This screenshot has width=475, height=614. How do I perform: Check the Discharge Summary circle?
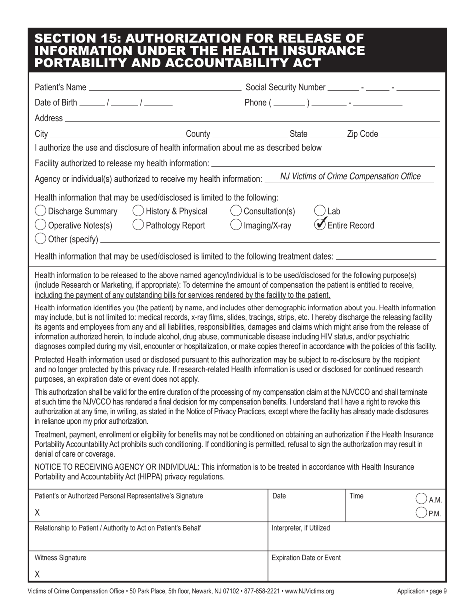coord(41,211)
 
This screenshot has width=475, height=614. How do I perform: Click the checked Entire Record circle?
coord(320,225)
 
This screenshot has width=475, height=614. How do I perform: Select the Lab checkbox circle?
coord(320,211)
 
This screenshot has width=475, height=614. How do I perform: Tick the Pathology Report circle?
coord(138,225)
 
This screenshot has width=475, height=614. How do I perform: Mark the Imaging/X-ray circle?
coord(236,225)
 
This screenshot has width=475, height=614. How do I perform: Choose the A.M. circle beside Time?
coord(421,498)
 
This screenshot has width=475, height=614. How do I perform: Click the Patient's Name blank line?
coord(164,88)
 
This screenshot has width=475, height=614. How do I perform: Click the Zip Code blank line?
coord(409,135)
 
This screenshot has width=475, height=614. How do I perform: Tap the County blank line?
coord(250,135)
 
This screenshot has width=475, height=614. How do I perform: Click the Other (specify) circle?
coord(41,239)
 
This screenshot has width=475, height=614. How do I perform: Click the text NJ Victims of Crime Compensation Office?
coord(350,176)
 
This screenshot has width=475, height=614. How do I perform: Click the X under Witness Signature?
coord(37,574)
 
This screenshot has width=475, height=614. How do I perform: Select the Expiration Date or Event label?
coord(306,558)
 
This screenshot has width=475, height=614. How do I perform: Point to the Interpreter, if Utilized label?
coord(301,528)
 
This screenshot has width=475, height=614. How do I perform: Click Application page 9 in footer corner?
coord(422,592)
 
